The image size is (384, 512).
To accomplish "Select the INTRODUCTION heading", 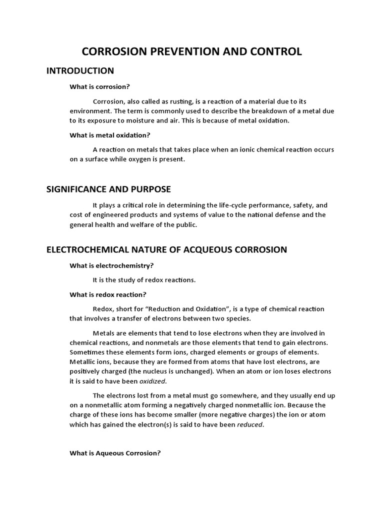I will coord(80,70).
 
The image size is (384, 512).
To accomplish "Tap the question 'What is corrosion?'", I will coord(99,86).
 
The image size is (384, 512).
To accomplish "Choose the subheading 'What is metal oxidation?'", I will coord(109,135).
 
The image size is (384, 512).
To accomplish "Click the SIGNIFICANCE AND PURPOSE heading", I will coord(108,189).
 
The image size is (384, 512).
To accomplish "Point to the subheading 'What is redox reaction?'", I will coord(107,294).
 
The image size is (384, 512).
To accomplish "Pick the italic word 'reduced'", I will coord(249,424).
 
